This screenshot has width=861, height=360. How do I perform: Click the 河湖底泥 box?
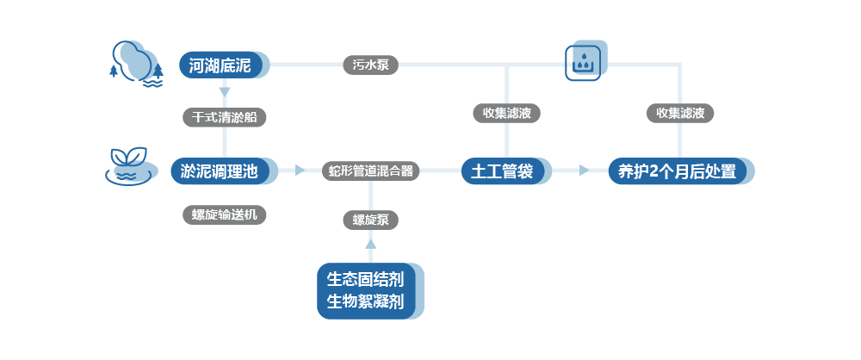click(220, 65)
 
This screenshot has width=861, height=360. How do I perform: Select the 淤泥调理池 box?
click(220, 171)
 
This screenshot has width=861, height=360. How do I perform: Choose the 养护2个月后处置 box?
click(677, 171)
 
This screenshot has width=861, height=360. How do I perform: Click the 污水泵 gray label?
click(371, 65)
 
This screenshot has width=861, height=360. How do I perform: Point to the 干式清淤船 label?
click(224, 117)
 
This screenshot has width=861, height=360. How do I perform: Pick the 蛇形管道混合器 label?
click(371, 171)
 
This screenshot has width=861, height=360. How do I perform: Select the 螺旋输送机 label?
click(224, 215)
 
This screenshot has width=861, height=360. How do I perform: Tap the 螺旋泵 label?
click(371, 220)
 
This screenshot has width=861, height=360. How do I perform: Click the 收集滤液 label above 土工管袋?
click(505, 113)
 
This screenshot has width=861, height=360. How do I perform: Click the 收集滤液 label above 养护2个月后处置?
click(680, 113)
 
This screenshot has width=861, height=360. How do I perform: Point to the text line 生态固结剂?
click(366, 279)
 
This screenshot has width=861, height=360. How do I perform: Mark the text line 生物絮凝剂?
click(366, 302)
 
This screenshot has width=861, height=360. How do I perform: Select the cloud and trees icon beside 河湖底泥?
click(137, 63)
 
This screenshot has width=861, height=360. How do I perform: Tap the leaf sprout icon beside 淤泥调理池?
click(130, 164)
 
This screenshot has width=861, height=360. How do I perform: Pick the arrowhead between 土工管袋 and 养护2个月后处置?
click(585, 171)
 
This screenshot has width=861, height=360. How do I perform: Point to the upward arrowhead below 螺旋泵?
click(371, 246)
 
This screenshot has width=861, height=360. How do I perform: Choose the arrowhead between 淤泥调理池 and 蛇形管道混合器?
click(300, 171)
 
